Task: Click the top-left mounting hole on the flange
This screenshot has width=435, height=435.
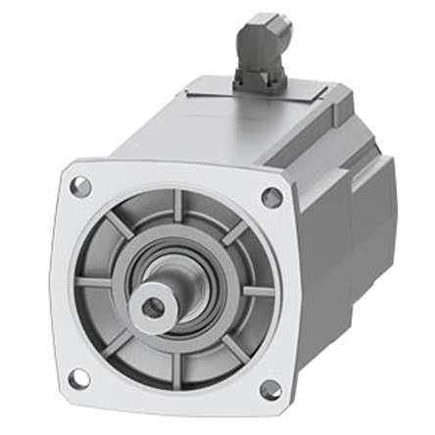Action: [x=81, y=185]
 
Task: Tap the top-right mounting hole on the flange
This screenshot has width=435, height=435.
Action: [x=271, y=198]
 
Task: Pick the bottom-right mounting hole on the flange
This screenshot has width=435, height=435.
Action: [x=269, y=390]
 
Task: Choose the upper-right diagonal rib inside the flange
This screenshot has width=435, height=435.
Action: [x=236, y=233]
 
